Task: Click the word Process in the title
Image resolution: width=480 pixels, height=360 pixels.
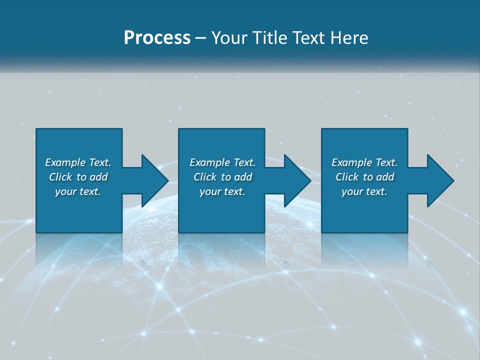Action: tap(157, 38)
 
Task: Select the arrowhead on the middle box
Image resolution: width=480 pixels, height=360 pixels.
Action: tap(297, 180)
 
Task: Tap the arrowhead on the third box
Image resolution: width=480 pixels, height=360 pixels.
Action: tap(440, 180)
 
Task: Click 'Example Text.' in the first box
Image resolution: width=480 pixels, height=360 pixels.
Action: tap(78, 162)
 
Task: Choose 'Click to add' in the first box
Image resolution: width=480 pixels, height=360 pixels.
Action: tap(78, 177)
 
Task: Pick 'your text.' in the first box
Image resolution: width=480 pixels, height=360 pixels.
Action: tap(78, 191)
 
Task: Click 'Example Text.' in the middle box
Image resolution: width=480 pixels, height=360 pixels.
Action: tap(222, 162)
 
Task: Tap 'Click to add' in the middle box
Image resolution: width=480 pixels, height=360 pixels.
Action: tap(222, 177)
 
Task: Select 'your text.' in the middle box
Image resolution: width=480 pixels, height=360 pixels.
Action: tap(222, 191)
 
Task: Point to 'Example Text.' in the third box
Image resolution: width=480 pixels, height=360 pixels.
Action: tap(364, 162)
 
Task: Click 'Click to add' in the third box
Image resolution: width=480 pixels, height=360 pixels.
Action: tap(364, 177)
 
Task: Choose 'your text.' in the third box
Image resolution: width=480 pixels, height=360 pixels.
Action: tap(364, 191)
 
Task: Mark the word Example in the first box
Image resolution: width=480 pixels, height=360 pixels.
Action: tap(65, 162)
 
